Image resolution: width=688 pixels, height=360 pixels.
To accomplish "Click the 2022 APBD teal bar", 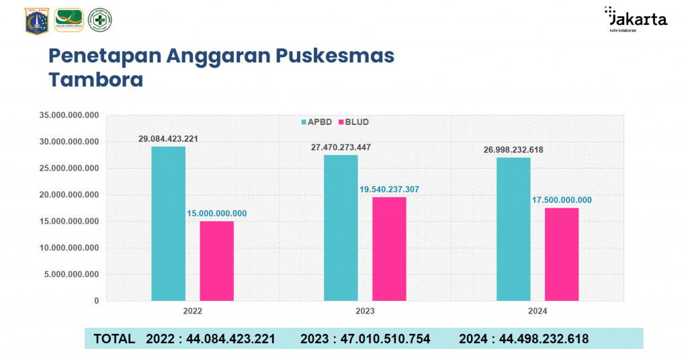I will (168, 223).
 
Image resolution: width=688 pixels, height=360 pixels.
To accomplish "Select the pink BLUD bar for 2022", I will (216, 261).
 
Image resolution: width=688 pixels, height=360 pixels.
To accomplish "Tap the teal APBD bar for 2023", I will (341, 228).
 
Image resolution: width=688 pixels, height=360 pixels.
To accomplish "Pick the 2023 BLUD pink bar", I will (389, 249).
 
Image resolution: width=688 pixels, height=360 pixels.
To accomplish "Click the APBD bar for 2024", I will (513, 229).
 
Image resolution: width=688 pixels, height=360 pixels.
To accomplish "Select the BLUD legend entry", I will (353, 122).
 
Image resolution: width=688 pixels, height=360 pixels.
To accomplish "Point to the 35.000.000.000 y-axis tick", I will (69, 116).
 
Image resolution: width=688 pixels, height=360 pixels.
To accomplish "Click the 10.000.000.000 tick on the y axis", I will (69, 248).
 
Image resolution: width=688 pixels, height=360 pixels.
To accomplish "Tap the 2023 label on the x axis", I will (365, 312).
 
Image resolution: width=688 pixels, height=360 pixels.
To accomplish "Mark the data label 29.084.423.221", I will (168, 139).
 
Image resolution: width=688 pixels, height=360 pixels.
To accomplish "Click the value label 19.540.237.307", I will (389, 189).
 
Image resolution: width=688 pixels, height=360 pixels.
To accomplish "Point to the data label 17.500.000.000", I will (562, 200).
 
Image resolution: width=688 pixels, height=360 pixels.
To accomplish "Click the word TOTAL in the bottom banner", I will (114, 339).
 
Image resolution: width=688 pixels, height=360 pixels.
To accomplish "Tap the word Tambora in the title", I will (96, 80).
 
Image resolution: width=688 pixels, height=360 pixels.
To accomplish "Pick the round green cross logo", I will (100, 20).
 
